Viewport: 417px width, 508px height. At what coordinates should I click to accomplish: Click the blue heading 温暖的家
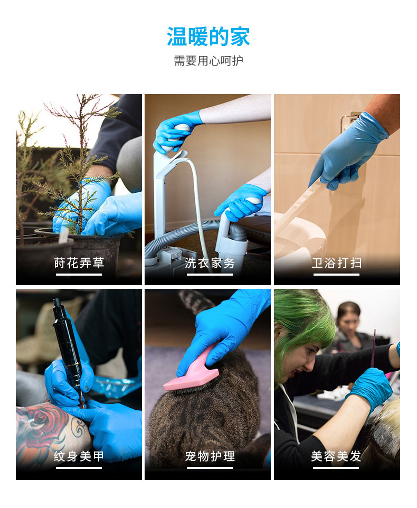(x=208, y=36)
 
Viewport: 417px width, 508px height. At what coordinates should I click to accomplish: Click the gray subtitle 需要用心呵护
(x=209, y=61)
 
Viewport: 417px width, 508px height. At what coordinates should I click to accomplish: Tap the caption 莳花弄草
(x=79, y=263)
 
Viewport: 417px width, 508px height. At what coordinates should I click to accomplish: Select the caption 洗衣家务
(x=210, y=263)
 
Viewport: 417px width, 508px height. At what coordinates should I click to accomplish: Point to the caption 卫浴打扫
(x=337, y=263)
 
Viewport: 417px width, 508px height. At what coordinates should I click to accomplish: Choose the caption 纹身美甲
(x=79, y=456)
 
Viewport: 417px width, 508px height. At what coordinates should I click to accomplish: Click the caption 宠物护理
(x=210, y=456)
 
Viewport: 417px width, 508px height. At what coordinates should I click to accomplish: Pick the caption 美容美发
(x=336, y=456)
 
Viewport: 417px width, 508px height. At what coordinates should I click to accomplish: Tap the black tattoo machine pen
(x=69, y=350)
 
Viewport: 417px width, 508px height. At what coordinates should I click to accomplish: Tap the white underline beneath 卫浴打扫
(x=336, y=275)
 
